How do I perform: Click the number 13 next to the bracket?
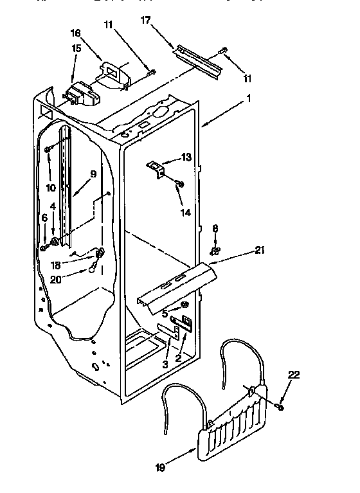(x=186, y=157)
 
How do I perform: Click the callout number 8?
(x=215, y=228)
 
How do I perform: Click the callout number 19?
(x=160, y=467)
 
